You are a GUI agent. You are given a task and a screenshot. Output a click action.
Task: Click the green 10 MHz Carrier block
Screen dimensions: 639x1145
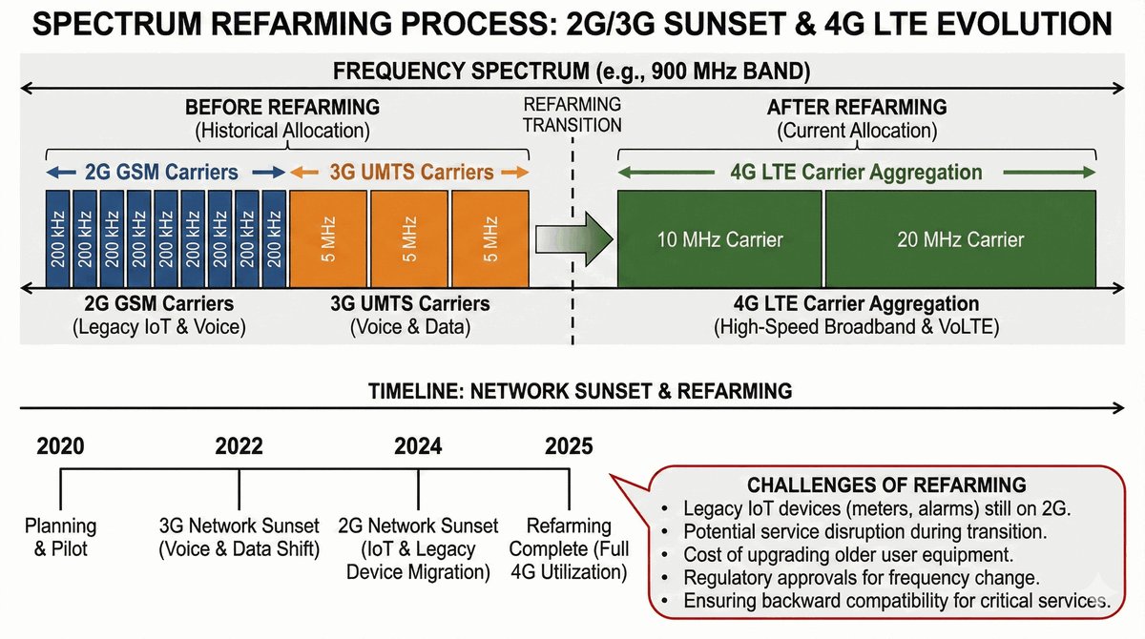[x=719, y=238]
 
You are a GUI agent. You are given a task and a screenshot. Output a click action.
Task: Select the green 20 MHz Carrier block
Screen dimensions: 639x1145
[x=960, y=238]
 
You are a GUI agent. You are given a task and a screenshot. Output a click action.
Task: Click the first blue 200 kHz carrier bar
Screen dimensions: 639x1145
[x=59, y=238]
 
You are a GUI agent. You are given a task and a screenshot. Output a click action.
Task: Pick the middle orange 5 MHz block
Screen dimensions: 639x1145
[x=408, y=238]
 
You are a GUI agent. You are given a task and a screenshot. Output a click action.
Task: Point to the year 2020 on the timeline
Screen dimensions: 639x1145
[x=60, y=445]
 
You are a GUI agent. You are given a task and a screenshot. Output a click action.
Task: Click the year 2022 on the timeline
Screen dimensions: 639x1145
[x=239, y=445]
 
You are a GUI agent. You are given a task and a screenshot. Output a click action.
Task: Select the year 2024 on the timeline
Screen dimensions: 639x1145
[x=418, y=445]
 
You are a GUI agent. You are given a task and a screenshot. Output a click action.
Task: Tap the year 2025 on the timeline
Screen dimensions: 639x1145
[x=569, y=445]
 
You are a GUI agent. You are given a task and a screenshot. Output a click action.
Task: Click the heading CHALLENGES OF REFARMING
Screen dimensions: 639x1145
[x=886, y=484]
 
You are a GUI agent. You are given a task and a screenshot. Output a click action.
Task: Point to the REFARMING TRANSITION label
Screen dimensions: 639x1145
[x=572, y=114]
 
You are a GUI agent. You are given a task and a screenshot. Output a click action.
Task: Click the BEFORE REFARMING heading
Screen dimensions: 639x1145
[x=282, y=107]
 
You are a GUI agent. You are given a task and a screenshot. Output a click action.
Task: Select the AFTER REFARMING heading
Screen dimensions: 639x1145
[x=857, y=107]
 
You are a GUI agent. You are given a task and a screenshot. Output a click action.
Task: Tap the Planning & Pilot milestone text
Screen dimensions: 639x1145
[x=60, y=537]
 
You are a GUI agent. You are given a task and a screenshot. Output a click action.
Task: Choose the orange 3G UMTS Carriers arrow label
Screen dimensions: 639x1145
[x=411, y=173]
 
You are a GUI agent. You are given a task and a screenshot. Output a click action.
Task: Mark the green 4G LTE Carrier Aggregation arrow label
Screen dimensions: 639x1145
[x=856, y=173]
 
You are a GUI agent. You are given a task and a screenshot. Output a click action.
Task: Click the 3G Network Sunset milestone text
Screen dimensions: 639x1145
[x=239, y=537]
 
